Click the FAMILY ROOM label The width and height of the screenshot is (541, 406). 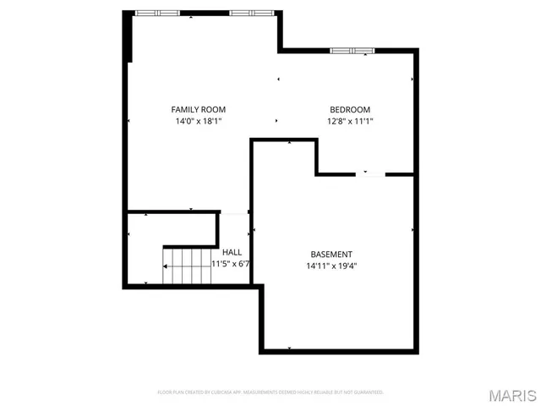199,109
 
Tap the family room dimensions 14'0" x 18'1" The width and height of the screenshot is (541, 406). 199,121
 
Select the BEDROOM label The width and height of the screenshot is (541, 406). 349,109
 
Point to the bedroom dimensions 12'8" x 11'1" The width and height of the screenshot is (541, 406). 349,121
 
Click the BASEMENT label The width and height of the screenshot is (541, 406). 331,254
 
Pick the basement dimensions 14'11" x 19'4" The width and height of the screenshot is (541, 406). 331,266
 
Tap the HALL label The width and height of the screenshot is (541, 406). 232,252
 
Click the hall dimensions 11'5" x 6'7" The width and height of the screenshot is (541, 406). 231,264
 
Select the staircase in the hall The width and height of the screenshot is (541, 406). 187,266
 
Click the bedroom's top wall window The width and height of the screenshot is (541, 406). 352,51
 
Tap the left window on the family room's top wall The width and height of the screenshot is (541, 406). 158,13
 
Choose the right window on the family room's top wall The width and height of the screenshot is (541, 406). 251,13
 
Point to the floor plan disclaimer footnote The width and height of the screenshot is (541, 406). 270,392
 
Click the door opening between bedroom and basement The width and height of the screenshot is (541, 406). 366,174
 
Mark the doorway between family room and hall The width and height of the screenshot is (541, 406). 234,212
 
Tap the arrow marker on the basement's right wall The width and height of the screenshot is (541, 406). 413,229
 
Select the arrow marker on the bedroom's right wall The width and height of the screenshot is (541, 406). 413,80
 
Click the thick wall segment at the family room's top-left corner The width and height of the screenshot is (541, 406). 128,36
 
